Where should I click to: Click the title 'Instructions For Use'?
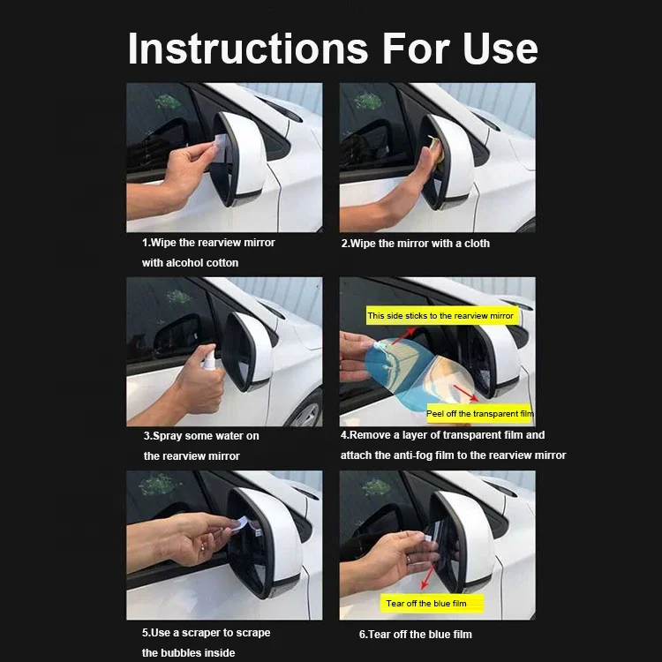(x=332, y=48)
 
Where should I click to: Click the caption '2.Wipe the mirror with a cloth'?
(x=415, y=244)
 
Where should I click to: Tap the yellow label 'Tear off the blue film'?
(x=425, y=604)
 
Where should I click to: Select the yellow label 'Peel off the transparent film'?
(x=479, y=413)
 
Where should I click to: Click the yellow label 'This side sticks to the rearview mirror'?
(x=440, y=315)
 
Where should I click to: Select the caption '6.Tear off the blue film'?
(x=415, y=634)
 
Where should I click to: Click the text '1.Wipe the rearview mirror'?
(x=208, y=243)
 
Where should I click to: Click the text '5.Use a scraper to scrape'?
(x=206, y=633)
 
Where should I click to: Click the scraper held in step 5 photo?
(x=241, y=526)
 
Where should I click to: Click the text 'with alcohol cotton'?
(x=190, y=263)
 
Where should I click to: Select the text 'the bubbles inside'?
(x=188, y=653)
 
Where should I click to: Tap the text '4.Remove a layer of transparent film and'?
(x=442, y=435)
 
